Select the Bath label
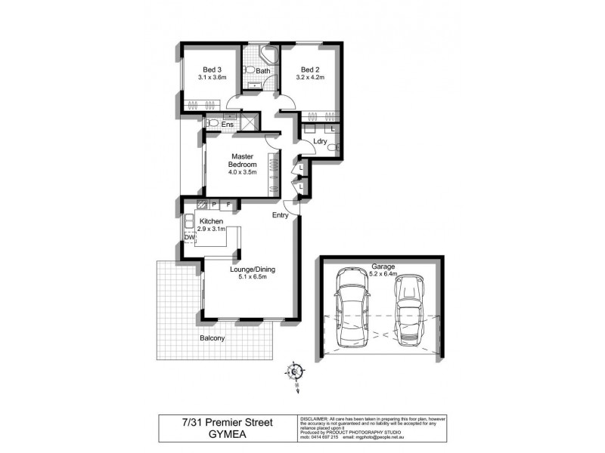tap(262, 72)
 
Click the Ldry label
tap(319, 140)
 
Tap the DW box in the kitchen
tap(189, 238)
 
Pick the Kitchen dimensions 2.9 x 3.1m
tap(212, 229)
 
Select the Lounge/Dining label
tap(252, 269)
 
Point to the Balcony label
tap(213, 337)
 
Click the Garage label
tap(383, 267)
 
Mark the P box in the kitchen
tap(214, 204)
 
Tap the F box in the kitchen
tap(228, 204)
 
